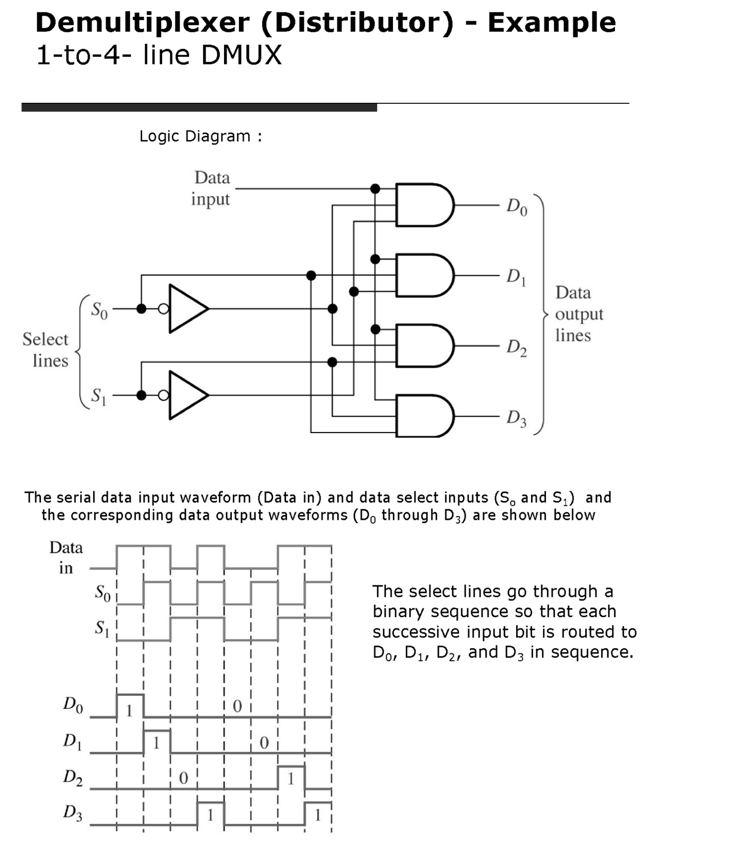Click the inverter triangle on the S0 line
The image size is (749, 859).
pyautogui.click(x=187, y=309)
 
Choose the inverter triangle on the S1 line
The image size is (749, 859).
pyautogui.click(x=187, y=395)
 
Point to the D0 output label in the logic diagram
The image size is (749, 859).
pyautogui.click(x=516, y=207)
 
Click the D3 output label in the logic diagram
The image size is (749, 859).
pyautogui.click(x=516, y=418)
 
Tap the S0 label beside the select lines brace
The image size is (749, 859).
pyautogui.click(x=99, y=310)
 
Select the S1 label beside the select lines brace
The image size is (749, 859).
pyautogui.click(x=99, y=396)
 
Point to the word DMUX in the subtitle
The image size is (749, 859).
pyautogui.click(x=241, y=55)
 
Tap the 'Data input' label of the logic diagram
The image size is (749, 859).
pyautogui.click(x=211, y=188)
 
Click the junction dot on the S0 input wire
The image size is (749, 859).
pyautogui.click(x=142, y=309)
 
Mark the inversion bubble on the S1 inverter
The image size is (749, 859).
pyautogui.click(x=163, y=395)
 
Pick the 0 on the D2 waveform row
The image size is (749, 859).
pyautogui.click(x=184, y=778)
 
